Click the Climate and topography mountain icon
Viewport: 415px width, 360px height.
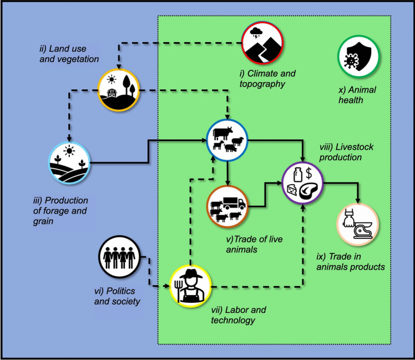tap(262, 43)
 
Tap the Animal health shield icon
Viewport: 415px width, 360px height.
tap(358, 57)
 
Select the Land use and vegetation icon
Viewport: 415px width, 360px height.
tap(118, 90)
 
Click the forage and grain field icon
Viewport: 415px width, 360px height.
tap(69, 163)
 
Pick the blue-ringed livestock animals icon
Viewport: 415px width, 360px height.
tap(227, 140)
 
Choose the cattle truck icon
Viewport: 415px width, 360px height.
tap(227, 207)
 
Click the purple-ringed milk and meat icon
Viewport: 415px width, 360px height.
tap(303, 183)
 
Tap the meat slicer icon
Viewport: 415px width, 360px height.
tap(357, 225)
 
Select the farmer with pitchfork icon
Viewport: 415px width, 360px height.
tap(190, 286)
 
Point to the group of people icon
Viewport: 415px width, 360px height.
tap(119, 257)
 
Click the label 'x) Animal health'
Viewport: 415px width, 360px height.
tap(357, 95)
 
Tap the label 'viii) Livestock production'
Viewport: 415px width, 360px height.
tap(346, 152)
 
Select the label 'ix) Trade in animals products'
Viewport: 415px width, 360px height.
tap(351, 261)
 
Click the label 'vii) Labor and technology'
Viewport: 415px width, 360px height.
tap(239, 315)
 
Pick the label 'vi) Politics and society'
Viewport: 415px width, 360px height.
tap(117, 296)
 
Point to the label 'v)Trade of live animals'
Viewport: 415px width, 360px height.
tap(254, 244)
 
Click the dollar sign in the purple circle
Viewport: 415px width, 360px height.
tap(308, 173)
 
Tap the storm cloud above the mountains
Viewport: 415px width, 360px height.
tap(256, 33)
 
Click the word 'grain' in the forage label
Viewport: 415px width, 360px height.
tap(43, 221)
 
